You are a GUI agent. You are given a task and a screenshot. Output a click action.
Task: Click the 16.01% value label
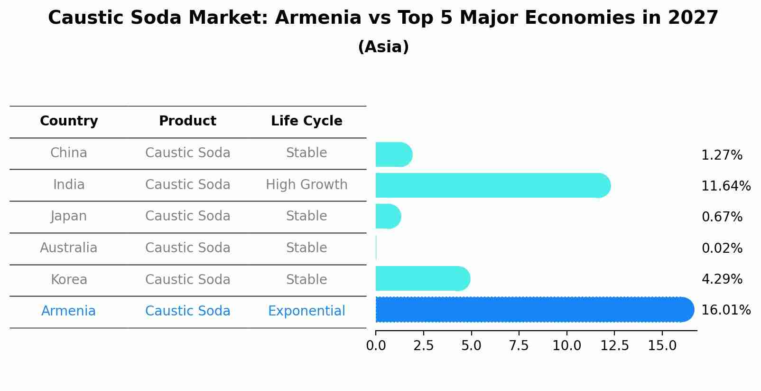pyautogui.click(x=726, y=310)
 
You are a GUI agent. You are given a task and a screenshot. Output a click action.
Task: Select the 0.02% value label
pyautogui.click(x=722, y=248)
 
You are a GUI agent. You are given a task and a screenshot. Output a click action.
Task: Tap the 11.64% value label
pyautogui.click(x=726, y=186)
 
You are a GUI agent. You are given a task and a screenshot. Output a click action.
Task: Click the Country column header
pyautogui.click(x=69, y=121)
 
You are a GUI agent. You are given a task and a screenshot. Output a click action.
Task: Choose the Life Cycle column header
pyautogui.click(x=306, y=121)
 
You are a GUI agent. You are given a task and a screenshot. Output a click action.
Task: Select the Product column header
pyautogui.click(x=187, y=121)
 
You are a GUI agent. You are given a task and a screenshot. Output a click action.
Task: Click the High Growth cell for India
pyautogui.click(x=306, y=184)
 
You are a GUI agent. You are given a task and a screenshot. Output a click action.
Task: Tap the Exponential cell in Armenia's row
pyautogui.click(x=306, y=311)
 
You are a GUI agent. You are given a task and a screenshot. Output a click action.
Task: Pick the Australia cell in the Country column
pyautogui.click(x=69, y=248)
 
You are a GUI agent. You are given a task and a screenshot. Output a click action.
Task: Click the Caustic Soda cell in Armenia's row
pyautogui.click(x=187, y=311)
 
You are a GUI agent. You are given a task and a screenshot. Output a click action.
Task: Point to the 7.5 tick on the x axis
pyautogui.click(x=519, y=345)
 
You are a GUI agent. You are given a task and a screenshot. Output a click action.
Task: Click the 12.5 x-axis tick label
pyautogui.click(x=614, y=345)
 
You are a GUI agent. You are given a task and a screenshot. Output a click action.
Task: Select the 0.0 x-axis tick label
pyautogui.click(x=376, y=345)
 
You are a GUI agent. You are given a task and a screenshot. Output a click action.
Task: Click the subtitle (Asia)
pyautogui.click(x=383, y=47)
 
